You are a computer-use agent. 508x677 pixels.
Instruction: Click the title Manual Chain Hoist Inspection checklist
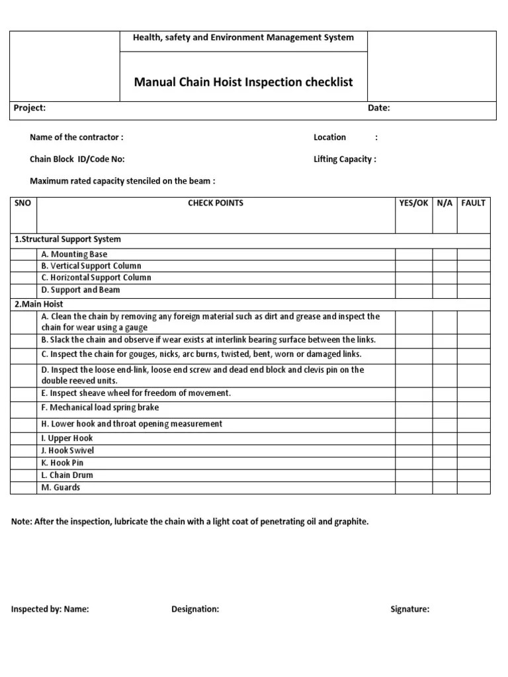pos(243,83)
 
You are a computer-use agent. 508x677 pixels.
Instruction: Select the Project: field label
pos(30,108)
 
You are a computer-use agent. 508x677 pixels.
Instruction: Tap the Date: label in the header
pos(379,108)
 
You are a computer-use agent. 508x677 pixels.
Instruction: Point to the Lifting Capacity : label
pos(345,159)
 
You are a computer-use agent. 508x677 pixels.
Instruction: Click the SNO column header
pos(22,203)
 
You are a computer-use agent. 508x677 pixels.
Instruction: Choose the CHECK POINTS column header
pos(216,203)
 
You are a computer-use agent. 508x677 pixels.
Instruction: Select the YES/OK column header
pos(413,203)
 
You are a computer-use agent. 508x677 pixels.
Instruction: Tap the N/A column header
pos(444,203)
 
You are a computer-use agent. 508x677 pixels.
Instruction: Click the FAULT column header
pos(473,203)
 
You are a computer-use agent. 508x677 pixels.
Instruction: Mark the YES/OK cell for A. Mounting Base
pos(413,255)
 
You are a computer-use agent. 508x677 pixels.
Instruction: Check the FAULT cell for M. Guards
pos(473,488)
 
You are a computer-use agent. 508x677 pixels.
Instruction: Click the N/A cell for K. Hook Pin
pos(444,463)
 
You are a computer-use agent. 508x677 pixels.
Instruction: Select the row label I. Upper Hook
pos(67,438)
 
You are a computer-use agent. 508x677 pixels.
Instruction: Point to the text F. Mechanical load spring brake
pos(100,408)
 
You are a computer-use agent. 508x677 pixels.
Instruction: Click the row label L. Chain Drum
pos(67,475)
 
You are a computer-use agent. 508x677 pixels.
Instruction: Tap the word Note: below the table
pos(22,522)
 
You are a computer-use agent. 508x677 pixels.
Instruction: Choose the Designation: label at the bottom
pos(195,610)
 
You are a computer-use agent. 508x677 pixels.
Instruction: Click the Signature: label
pos(409,610)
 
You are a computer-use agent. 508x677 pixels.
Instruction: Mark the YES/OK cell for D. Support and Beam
pos(413,290)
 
